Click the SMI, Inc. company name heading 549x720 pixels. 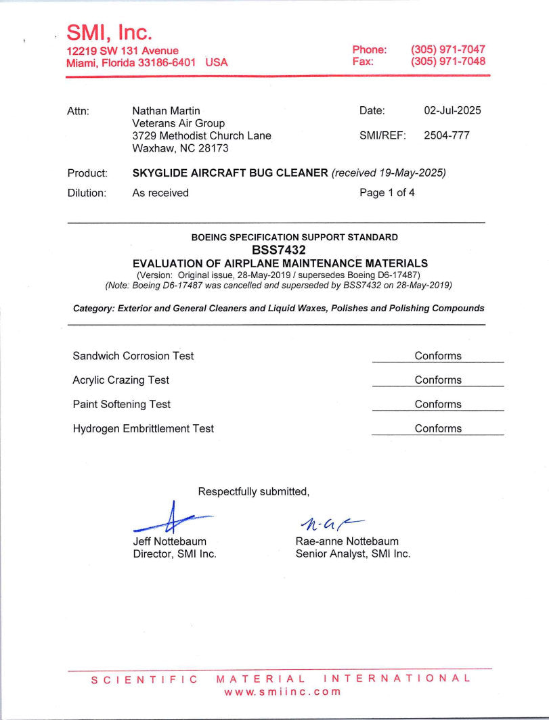click(x=109, y=32)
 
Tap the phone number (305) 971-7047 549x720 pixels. click(x=447, y=50)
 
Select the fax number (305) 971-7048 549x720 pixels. click(x=447, y=62)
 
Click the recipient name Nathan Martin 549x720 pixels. click(x=166, y=111)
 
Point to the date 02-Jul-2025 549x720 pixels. click(x=452, y=111)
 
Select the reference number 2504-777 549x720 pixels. click(x=446, y=135)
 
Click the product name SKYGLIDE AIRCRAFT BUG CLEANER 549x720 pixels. click(x=230, y=173)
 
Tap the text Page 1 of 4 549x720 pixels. click(x=387, y=193)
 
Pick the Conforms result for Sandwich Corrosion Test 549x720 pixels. click(x=438, y=356)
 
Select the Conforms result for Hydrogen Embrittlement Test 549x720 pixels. click(x=438, y=428)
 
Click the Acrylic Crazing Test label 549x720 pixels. click(x=120, y=380)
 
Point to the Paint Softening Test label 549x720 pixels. click(x=121, y=405)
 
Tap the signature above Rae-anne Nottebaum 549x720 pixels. click(x=328, y=522)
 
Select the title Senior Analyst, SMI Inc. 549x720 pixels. click(x=353, y=554)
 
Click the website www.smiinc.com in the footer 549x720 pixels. click(x=282, y=692)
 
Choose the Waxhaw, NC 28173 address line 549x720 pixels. click(x=180, y=148)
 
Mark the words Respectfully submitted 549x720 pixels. click(x=253, y=492)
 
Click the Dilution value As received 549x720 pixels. click(x=160, y=193)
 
